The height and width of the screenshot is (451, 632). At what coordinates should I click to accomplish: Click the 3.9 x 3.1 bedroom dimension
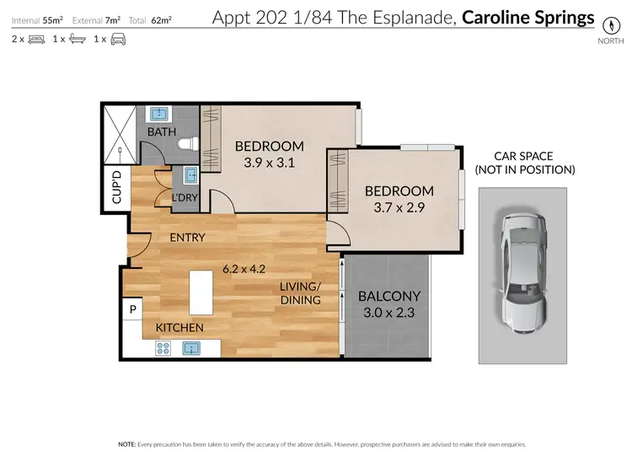tap(269, 164)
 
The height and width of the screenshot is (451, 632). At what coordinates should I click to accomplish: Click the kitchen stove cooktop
tap(164, 347)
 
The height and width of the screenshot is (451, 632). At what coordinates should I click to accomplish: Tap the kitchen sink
tap(191, 347)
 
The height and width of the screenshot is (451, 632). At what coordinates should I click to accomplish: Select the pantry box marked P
tap(132, 310)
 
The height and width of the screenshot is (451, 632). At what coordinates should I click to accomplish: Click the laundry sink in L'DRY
tap(190, 174)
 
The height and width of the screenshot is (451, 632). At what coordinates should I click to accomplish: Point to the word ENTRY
tap(187, 238)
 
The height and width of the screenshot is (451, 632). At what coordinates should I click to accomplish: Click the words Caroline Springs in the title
tap(528, 17)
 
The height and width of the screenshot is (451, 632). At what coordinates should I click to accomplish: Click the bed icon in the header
tap(37, 39)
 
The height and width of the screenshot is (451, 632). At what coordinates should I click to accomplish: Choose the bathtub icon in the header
tap(77, 39)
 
